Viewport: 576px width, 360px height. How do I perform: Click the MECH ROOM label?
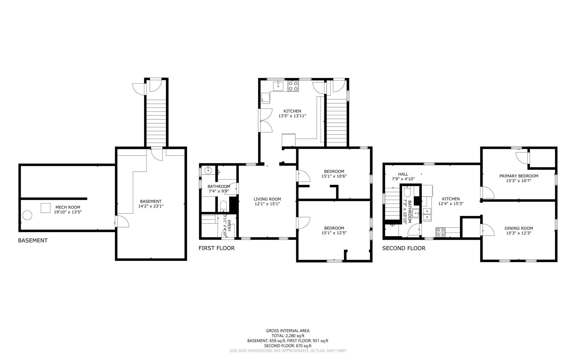pyautogui.click(x=68, y=207)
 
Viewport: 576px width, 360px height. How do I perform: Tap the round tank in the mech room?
pyautogui.click(x=27, y=215)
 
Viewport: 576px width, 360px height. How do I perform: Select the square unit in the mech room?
pyautogui.click(x=45, y=208)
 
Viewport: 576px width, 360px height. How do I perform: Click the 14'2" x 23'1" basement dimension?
pyautogui.click(x=151, y=206)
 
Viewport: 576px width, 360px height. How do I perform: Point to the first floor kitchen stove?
pyautogui.click(x=293, y=86)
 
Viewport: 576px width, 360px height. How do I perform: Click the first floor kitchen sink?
pyautogui.click(x=278, y=86)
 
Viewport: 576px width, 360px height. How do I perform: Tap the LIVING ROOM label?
pyautogui.click(x=267, y=199)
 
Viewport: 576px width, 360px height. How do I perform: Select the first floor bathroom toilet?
pyautogui.click(x=223, y=206)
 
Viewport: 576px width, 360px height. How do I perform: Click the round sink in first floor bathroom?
pyautogui.click(x=208, y=170)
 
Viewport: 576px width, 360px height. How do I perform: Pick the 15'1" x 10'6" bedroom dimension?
pyautogui.click(x=334, y=176)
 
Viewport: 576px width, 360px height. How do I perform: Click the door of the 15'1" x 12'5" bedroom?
pyautogui.click(x=303, y=223)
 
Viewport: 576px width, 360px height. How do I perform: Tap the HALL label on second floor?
pyautogui.click(x=403, y=174)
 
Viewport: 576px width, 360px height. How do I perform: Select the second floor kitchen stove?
pyautogui.click(x=440, y=232)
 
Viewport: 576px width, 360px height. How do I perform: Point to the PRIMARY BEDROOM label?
pyautogui.click(x=519, y=176)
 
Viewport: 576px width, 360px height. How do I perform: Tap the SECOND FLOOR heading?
pyautogui.click(x=404, y=248)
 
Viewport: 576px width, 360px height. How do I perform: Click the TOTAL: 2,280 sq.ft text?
pyautogui.click(x=288, y=336)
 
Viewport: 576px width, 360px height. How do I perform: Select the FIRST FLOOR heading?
pyautogui.click(x=216, y=248)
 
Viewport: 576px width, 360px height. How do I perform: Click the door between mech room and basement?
pyautogui.click(x=122, y=222)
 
